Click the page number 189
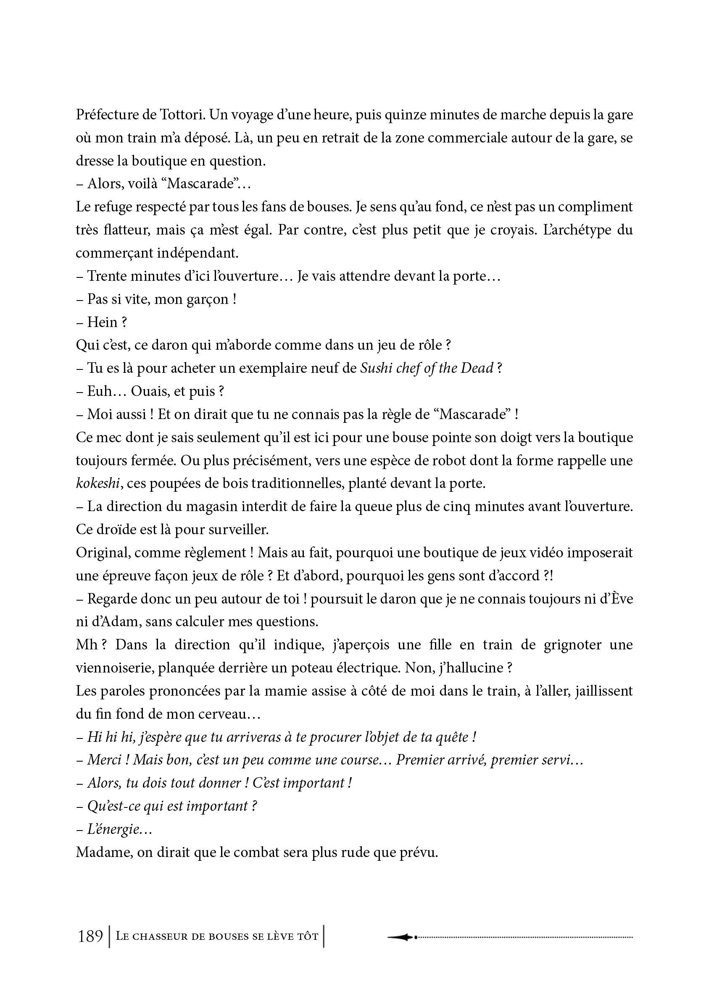pos(90,936)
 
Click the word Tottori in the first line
pos(179,115)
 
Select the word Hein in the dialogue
pos(102,322)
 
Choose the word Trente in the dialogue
pos(106,276)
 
